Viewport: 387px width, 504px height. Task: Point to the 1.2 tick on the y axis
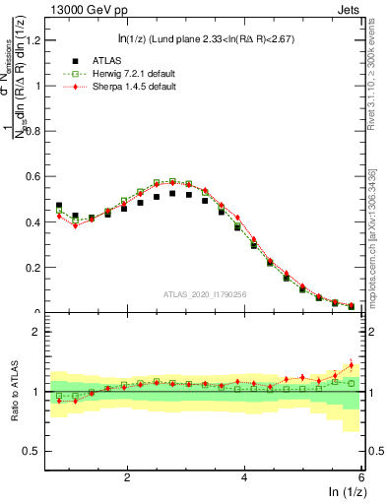coord(32,39)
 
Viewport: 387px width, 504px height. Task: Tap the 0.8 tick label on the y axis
coord(32,131)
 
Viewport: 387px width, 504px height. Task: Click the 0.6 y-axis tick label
coord(32,176)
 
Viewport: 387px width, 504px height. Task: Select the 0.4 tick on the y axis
coord(32,222)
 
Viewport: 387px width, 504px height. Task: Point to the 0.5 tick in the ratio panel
coord(32,451)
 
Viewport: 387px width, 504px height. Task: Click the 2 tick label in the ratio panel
coord(36,332)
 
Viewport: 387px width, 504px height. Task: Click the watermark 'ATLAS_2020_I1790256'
coord(205,294)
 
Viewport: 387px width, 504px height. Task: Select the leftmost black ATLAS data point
coord(59,206)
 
